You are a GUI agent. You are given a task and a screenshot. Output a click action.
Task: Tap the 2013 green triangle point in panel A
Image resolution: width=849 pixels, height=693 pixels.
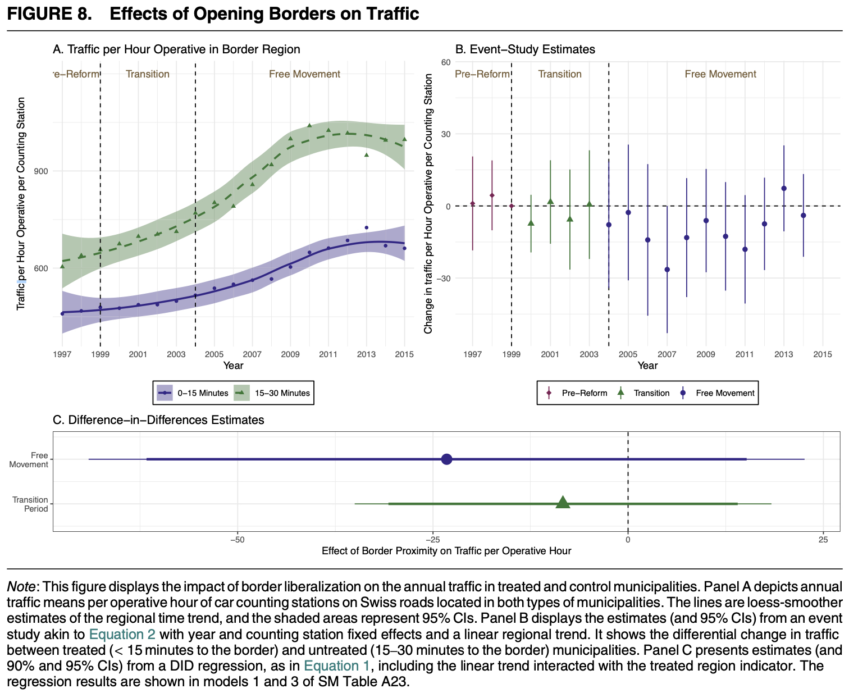coord(366,154)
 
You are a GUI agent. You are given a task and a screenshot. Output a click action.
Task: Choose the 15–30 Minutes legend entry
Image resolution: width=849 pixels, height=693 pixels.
coord(273,393)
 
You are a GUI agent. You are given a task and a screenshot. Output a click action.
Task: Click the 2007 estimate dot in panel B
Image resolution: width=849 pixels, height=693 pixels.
coord(667,270)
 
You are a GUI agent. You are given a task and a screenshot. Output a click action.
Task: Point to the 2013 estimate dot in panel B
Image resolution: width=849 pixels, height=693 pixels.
coord(784,188)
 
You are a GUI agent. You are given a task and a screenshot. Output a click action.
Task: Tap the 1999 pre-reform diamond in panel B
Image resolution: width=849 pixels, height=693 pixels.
coord(512,206)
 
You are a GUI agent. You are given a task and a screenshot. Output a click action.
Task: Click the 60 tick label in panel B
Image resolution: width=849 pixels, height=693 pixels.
coord(445,62)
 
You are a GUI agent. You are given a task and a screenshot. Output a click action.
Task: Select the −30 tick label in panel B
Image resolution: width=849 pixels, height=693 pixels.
coord(443,279)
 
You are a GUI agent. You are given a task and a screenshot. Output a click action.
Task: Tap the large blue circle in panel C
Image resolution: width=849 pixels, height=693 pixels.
coord(447,459)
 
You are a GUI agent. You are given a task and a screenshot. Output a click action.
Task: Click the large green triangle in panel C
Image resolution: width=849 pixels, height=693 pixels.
coord(563,503)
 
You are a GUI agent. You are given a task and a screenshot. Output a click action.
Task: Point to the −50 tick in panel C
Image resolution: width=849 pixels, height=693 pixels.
coord(238,540)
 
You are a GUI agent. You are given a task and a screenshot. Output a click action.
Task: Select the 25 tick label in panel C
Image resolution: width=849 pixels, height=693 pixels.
coord(823,540)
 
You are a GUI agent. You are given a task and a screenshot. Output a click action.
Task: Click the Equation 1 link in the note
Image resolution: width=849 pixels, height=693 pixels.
coord(337,666)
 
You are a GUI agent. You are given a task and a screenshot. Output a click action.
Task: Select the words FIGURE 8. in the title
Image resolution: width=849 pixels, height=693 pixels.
coord(49,13)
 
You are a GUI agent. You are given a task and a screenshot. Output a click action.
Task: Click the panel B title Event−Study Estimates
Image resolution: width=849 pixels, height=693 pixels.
coord(524,49)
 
